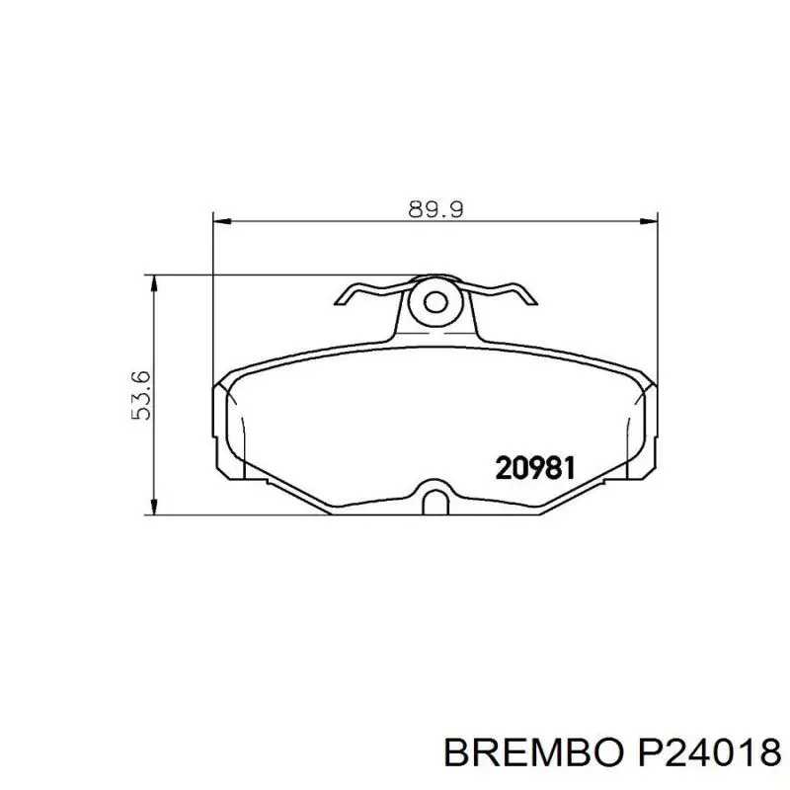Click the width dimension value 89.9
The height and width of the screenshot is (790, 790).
[435, 208]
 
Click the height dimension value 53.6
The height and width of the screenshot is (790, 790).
[140, 395]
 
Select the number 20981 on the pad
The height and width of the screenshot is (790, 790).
[535, 467]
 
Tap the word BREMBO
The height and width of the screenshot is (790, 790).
[529, 755]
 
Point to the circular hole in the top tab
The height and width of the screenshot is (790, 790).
[434, 302]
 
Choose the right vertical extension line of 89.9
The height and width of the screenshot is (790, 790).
[656, 296]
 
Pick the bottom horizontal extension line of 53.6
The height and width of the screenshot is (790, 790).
[247, 514]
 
